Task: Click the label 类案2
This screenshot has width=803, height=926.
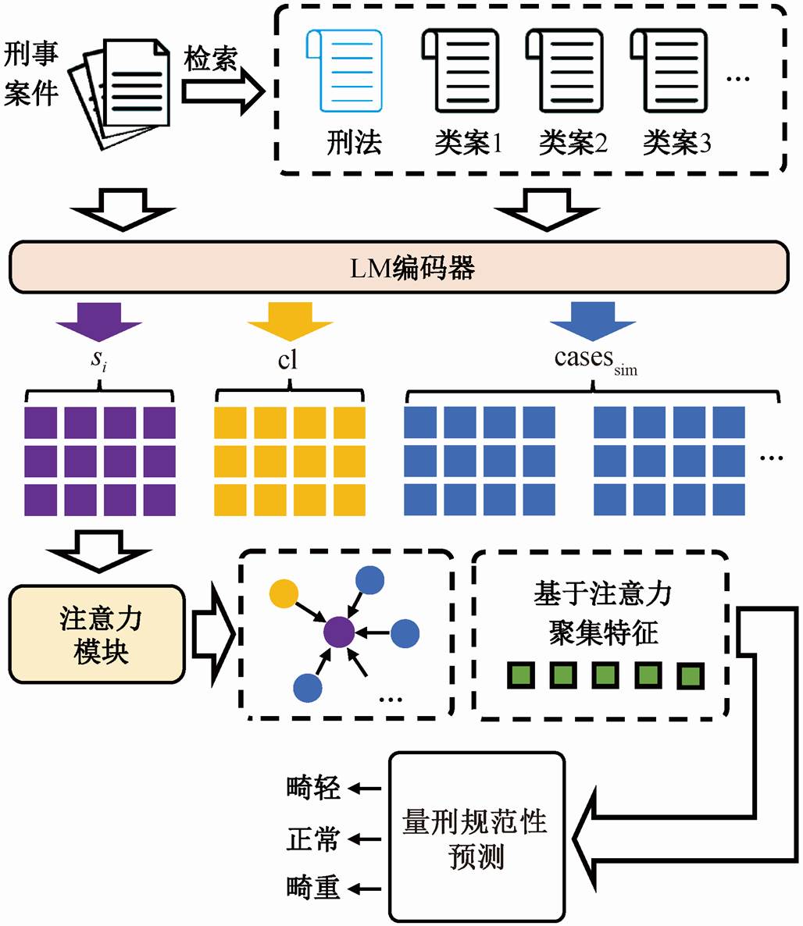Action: [x=573, y=143]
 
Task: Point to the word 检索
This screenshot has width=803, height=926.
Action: [x=210, y=59]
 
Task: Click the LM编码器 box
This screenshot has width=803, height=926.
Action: [x=399, y=267]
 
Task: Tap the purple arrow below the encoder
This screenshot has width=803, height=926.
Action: [x=99, y=322]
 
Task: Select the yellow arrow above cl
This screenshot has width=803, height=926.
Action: [x=290, y=322]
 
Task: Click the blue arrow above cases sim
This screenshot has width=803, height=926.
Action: [x=593, y=322]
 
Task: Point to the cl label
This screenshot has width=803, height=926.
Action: [x=287, y=359]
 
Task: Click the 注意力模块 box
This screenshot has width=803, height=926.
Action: [x=97, y=634]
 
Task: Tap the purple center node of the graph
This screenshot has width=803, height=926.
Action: [x=339, y=632]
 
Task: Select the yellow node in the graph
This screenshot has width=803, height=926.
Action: [x=284, y=593]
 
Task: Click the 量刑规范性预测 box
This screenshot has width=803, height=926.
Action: [x=476, y=836]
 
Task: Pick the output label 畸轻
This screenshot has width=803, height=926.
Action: [x=313, y=788]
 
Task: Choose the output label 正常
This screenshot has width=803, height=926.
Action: [x=313, y=839]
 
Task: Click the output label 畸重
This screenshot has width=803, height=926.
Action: [x=313, y=888]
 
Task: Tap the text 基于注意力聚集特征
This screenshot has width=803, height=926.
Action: [x=603, y=613]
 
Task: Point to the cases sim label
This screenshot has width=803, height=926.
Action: [x=595, y=360]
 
